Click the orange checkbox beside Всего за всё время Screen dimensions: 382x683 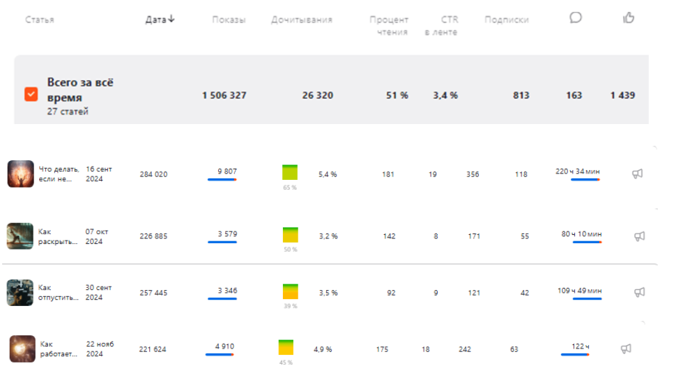pos(31,94)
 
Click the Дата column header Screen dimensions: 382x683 pos(160,20)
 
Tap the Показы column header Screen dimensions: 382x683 pos(229,20)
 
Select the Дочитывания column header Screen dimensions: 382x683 pos(302,20)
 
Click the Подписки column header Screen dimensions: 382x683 pos(506,20)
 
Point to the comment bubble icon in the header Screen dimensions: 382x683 pos(576,17)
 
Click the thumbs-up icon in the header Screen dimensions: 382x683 pos(629,17)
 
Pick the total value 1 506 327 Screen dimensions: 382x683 pos(224,95)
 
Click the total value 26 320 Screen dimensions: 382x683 pos(317,95)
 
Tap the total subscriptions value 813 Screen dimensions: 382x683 pos(521,95)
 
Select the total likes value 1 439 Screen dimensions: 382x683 pos(622,95)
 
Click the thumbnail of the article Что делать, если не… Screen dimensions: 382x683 pos(21,174)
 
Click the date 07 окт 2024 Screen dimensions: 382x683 pos(94,236)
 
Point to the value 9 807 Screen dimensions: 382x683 pos(227,171)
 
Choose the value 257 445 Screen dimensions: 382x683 pos(153,293)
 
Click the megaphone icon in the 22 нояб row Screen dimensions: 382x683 pos(626,349)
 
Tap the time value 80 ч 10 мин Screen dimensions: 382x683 pos(581,234)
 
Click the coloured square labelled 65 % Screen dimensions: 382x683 pos(289,172)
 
